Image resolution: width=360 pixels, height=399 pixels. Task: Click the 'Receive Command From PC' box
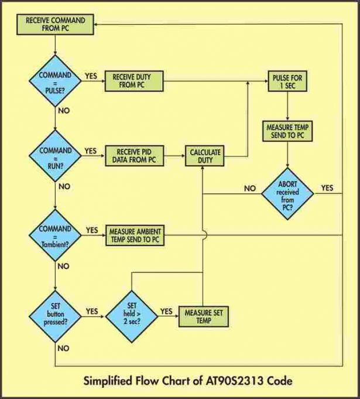(x=56, y=24)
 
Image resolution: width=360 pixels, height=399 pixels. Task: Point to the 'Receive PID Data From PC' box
(x=134, y=156)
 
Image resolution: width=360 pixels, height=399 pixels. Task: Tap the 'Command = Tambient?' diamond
(x=55, y=233)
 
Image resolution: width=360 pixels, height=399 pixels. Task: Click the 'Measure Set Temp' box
(x=203, y=317)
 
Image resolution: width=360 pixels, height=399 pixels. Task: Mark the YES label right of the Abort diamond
(x=327, y=188)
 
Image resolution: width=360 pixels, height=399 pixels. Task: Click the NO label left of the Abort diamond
(x=250, y=189)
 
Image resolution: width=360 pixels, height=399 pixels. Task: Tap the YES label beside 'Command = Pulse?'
(x=91, y=76)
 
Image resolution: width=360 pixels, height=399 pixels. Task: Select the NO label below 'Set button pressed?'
(x=63, y=348)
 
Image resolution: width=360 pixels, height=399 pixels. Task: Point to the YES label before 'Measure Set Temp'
(x=166, y=311)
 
